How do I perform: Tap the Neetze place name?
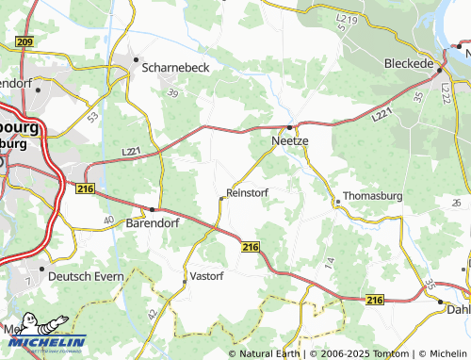[x=290, y=140]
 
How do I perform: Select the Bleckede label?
[x=409, y=63]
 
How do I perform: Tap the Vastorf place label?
[x=206, y=276]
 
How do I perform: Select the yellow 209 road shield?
[x=24, y=42]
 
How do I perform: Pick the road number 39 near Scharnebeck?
[x=172, y=93]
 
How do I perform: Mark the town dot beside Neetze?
[x=290, y=126]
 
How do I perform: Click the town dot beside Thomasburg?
[x=336, y=200]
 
